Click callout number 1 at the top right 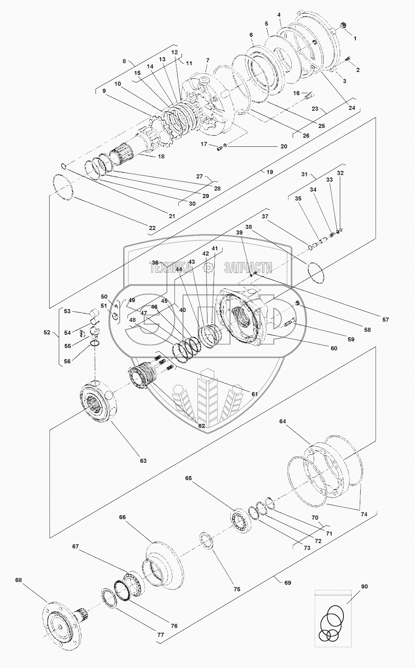tap(355, 38)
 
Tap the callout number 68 tap(18, 580)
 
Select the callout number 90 tap(364, 586)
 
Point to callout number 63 tap(143, 460)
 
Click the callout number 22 tap(152, 228)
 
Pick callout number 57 tap(385, 320)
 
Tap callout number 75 tap(237, 589)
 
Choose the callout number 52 tap(47, 332)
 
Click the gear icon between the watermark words tap(209, 267)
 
